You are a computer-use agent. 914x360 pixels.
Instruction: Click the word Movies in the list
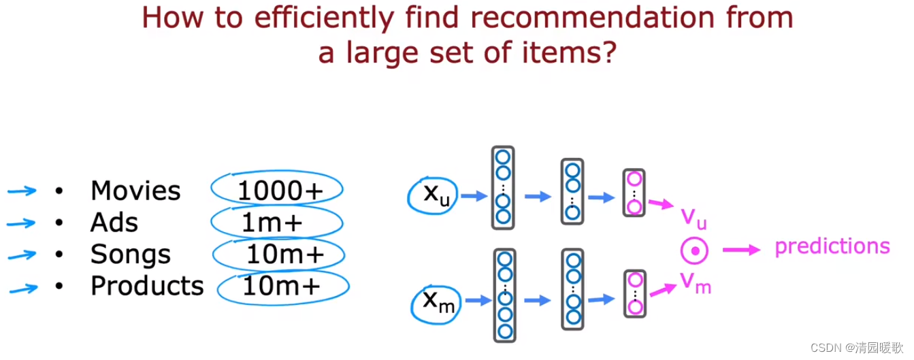click(x=135, y=191)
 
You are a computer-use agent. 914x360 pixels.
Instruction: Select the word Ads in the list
click(x=114, y=223)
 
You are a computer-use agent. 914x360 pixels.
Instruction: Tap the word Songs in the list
click(x=131, y=255)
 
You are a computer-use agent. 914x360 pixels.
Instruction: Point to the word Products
click(x=147, y=285)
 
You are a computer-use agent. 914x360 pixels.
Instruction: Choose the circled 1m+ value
click(x=272, y=223)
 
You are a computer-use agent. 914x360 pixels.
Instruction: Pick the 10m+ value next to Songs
click(x=285, y=255)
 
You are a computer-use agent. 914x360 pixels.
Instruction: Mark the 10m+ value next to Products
click(x=282, y=285)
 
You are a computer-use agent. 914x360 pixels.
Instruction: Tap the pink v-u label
click(x=693, y=218)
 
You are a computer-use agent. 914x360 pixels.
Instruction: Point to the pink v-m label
click(x=696, y=282)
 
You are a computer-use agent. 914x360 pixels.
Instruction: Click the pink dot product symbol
click(x=694, y=250)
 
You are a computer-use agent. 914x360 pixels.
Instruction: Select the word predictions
click(x=832, y=247)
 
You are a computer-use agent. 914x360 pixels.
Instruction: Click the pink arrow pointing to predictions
click(x=741, y=250)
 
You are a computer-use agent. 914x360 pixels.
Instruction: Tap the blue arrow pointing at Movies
click(x=22, y=191)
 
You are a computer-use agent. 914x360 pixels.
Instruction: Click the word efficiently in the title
click(x=325, y=18)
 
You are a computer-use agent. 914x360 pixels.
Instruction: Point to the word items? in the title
click(x=569, y=53)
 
